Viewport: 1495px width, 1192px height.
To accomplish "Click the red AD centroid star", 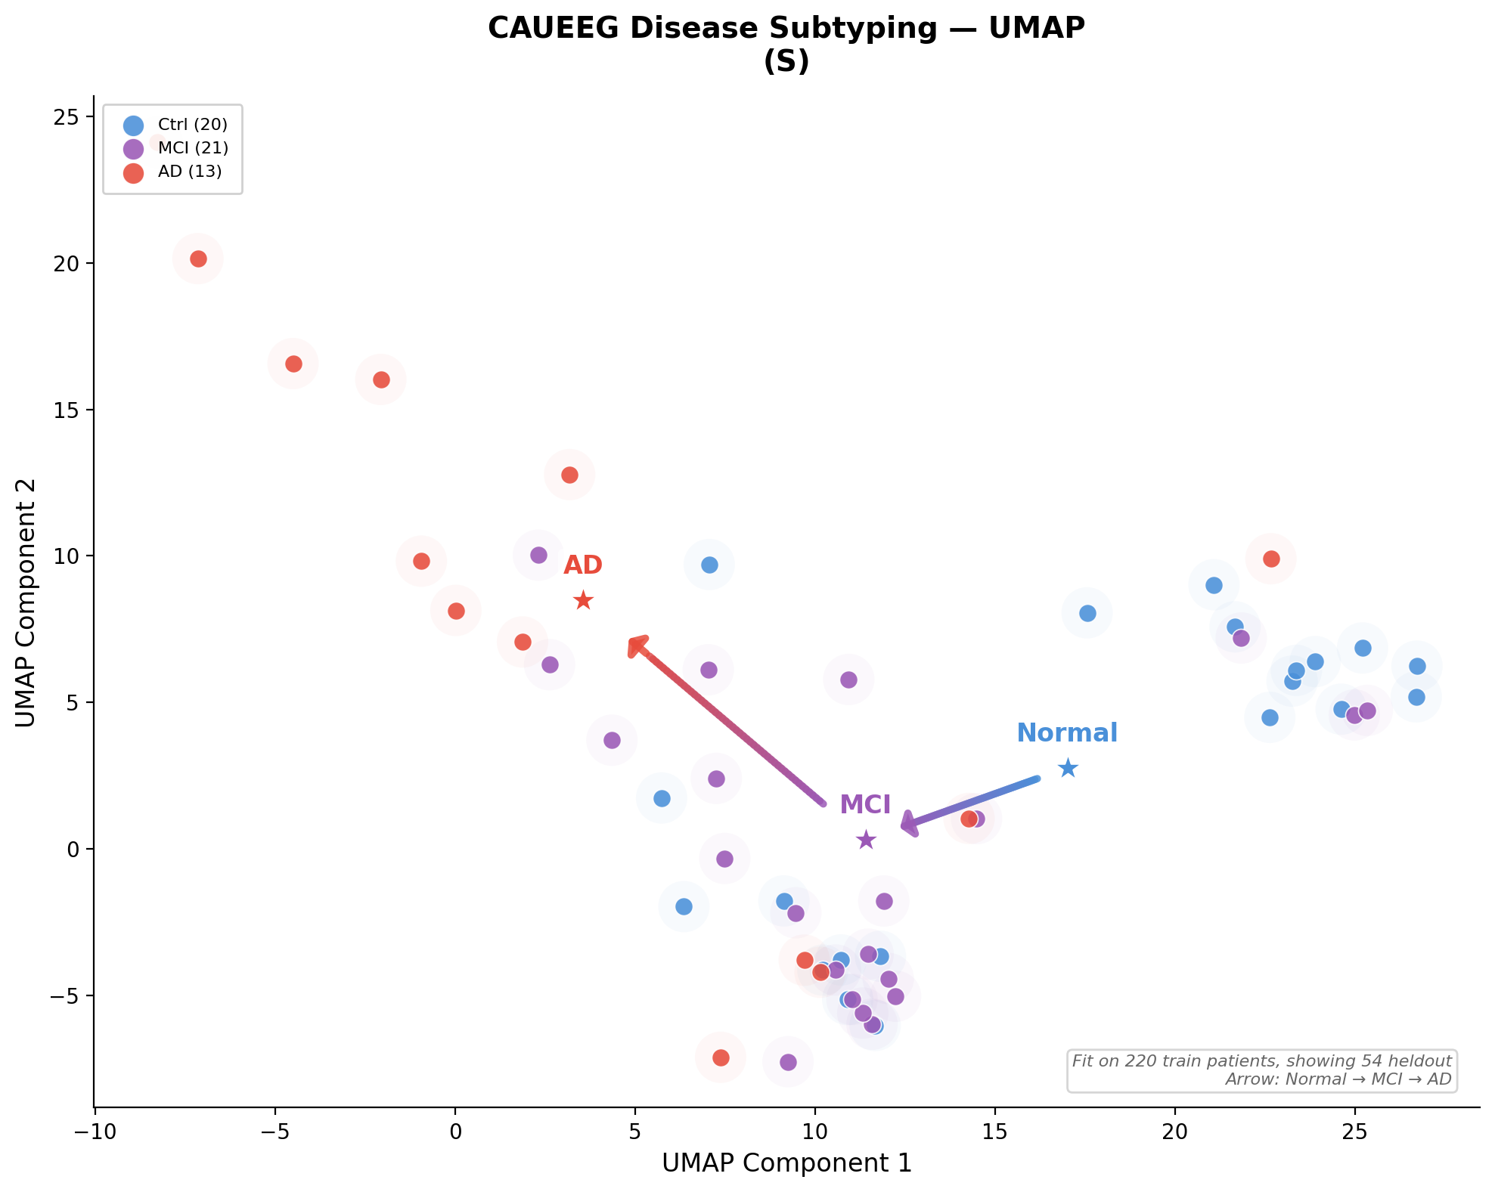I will (583, 601).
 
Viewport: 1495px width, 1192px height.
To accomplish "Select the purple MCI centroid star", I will (866, 840).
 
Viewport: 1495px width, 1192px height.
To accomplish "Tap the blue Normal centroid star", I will (1068, 769).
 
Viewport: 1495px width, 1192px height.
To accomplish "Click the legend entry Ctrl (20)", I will (192, 125).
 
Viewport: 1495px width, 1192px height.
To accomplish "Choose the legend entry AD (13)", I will (190, 172).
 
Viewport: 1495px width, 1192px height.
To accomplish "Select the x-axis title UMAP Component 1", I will (786, 1163).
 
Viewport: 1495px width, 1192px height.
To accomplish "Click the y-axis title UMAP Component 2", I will (26, 602).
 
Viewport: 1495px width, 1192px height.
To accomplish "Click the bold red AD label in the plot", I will (583, 565).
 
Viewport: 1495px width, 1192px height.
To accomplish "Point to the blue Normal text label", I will (1067, 733).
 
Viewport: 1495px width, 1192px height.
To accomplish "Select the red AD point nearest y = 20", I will (198, 259).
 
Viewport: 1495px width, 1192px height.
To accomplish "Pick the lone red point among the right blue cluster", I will (1271, 559).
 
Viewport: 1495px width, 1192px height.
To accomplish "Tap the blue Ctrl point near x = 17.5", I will (1087, 614).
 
